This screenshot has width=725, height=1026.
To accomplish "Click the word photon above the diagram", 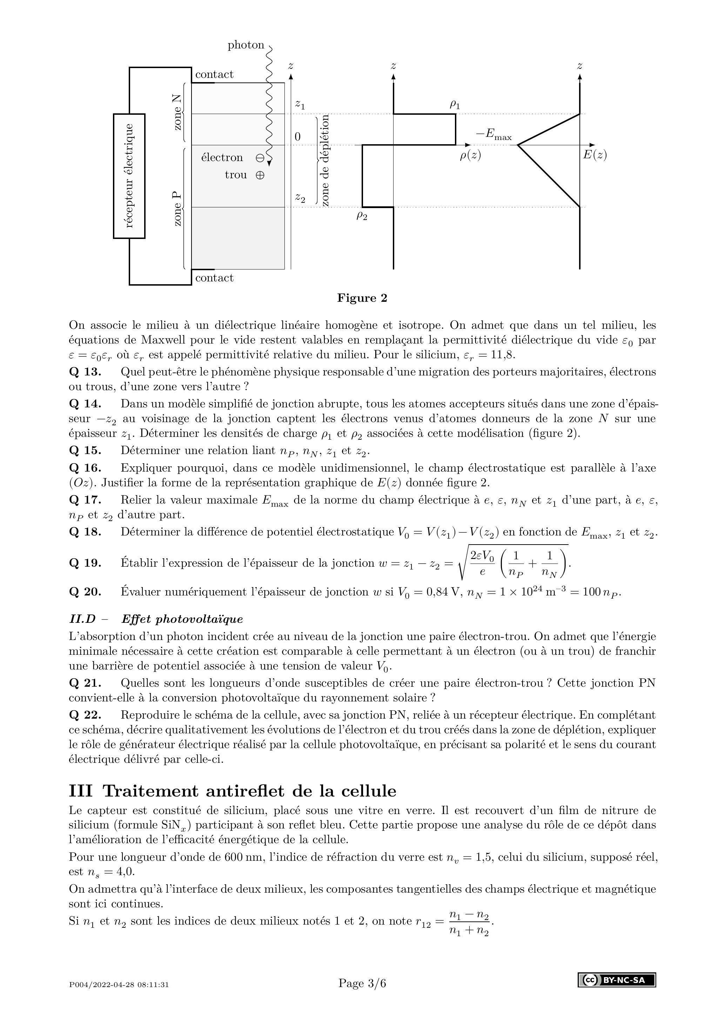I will click(246, 45).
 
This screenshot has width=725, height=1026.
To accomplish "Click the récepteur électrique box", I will click(129, 176).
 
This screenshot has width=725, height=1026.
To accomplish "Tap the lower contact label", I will click(214, 278).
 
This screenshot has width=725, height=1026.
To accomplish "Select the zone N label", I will click(177, 113).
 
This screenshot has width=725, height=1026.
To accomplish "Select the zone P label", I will click(177, 208).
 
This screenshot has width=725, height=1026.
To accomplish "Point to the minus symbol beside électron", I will click(260, 158).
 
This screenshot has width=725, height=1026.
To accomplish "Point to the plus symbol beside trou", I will click(260, 175).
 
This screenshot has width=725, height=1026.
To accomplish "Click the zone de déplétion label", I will click(325, 160).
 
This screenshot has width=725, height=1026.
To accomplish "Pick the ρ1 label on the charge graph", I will click(454, 105).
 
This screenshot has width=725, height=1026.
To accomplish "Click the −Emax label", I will click(494, 134).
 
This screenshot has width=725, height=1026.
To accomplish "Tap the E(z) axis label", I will click(595, 155).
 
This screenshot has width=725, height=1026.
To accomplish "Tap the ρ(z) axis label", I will click(470, 155).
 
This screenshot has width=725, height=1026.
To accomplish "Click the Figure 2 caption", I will click(362, 298).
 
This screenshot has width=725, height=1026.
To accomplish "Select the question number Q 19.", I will click(85, 563).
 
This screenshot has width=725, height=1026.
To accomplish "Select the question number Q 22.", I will click(85, 715).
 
